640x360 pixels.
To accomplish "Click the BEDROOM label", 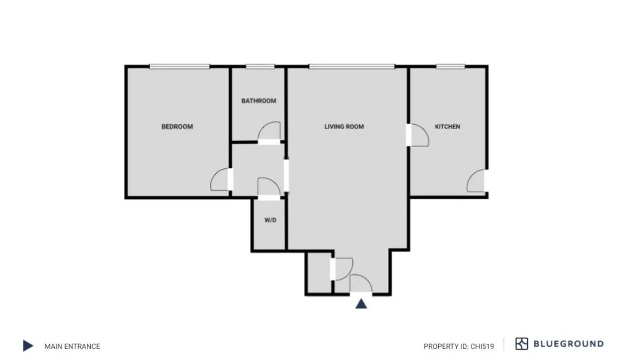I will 177,126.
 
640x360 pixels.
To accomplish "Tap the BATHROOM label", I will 259,101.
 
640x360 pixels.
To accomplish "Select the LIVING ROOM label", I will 344,126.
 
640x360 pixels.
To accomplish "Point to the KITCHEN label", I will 447,126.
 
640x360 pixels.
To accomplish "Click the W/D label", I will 270,220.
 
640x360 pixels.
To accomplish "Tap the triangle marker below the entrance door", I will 361,304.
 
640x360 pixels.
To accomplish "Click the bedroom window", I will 179,67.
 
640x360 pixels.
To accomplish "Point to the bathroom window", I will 260,67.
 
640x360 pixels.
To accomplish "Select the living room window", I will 352,67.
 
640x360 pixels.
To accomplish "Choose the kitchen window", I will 450,67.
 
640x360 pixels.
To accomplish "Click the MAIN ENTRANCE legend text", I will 72,347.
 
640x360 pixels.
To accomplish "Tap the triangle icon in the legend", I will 28,346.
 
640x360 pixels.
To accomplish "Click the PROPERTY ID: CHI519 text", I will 459,347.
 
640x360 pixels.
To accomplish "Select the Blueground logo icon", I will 521,344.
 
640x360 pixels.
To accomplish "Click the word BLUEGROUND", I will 568,344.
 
